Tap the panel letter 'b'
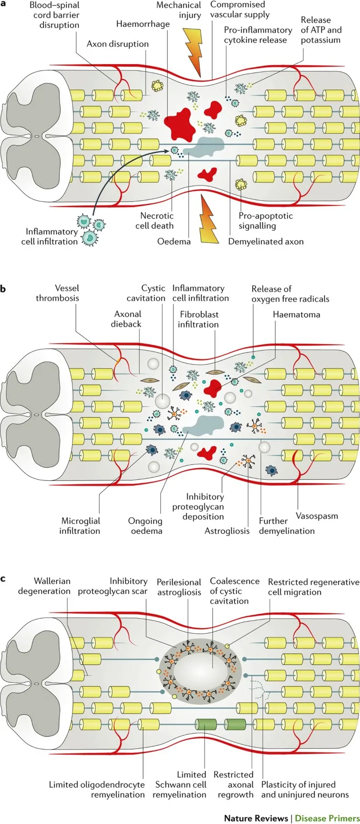pos(4,289)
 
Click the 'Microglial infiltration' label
pos(79,526)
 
